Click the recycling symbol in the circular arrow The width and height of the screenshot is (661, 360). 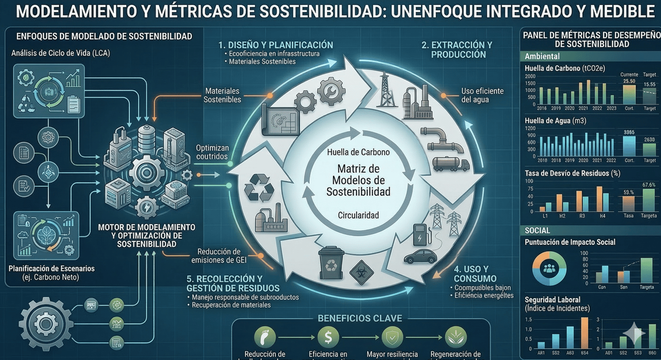coord(259,188)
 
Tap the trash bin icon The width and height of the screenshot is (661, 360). coord(331,263)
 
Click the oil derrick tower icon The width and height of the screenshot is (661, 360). coord(387,90)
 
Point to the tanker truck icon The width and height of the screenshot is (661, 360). coord(451,164)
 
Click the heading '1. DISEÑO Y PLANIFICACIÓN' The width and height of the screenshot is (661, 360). coord(275,45)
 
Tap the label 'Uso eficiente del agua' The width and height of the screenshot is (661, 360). coord(482,95)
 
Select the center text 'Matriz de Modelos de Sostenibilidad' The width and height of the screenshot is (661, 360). coord(359,180)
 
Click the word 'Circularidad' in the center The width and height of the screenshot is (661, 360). coord(359,215)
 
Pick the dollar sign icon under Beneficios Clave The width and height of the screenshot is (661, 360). coord(328,337)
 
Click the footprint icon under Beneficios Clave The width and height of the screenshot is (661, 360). coord(265,337)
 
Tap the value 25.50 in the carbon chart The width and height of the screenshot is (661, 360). coord(629,81)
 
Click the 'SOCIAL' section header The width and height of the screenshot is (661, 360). coord(538,230)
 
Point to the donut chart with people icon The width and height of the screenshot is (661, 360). coord(549,269)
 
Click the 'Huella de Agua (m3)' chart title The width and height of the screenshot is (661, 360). coord(555,121)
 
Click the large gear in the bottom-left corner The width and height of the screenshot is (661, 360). coord(45,323)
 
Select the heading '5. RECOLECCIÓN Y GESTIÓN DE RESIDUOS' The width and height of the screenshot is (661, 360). coord(233,283)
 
